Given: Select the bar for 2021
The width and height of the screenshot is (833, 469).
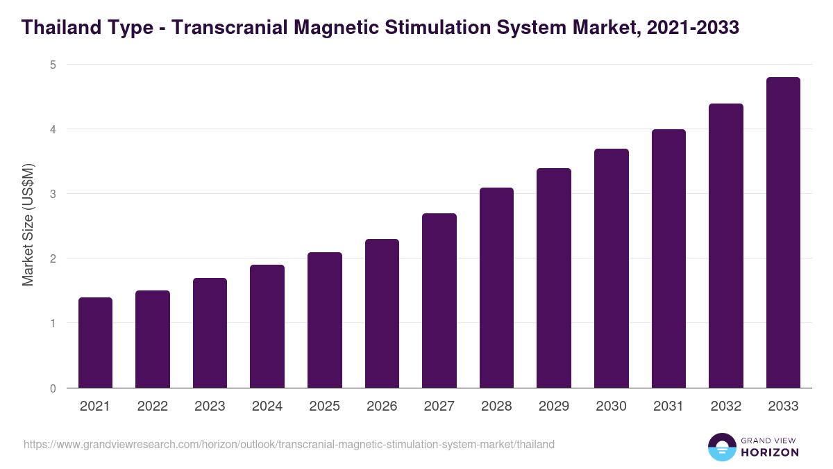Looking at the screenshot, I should pos(95,343).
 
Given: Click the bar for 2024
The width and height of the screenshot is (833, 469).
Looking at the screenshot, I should pos(267,327).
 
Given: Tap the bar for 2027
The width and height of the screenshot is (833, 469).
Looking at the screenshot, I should pos(439,300).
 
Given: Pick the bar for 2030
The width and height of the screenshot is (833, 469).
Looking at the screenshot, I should pos(611,268).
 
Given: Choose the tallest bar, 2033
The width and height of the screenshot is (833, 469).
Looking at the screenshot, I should pos(783,233).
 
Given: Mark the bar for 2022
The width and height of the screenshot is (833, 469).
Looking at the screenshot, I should pos(153,339).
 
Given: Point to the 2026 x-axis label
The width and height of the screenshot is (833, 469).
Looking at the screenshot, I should pos(382,406).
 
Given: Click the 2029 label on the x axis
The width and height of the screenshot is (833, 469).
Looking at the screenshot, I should pos(554,406).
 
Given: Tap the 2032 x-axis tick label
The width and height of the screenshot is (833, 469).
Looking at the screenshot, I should pos(726,406).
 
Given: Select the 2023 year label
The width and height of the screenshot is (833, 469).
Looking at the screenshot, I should pos(210,406).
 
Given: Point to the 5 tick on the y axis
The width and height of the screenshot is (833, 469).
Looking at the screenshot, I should pos(52,65).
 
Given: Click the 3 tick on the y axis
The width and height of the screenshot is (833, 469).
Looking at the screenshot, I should pos(52,194).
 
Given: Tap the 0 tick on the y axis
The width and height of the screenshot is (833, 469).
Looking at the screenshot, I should pos(52,388).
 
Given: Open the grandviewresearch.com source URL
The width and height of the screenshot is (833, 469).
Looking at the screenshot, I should pos(289,445).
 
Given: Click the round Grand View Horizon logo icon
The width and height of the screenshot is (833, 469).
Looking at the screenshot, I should pos(721,447).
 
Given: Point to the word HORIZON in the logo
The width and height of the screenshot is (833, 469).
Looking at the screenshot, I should pos(769,452).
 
